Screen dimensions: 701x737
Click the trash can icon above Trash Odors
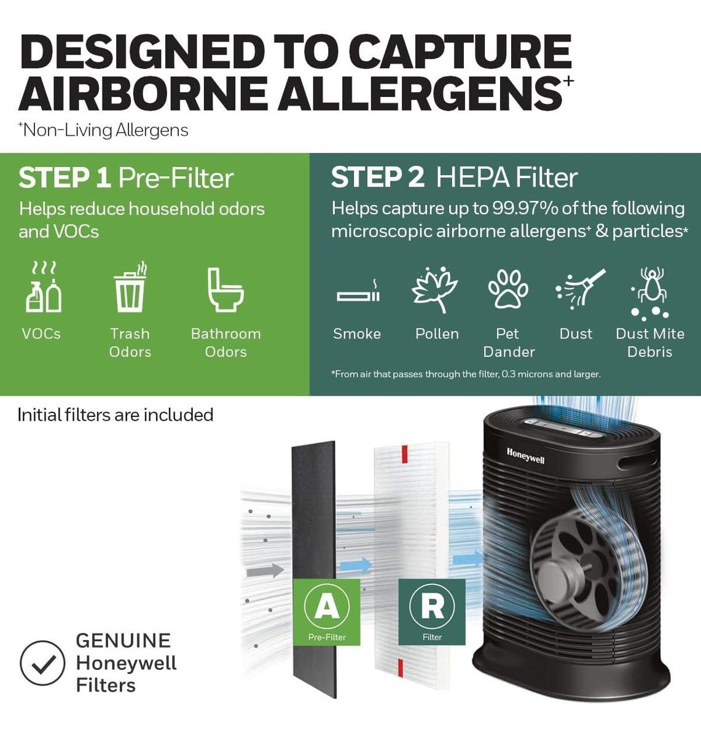click(x=130, y=287)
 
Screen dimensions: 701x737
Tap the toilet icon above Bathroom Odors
click(x=225, y=289)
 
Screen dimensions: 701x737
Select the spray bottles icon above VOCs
click(x=44, y=287)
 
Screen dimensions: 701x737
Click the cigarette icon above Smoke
click(x=358, y=293)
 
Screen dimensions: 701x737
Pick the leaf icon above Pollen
click(x=435, y=289)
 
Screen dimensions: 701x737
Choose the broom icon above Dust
click(x=580, y=288)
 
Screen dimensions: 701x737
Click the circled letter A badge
click(x=327, y=606)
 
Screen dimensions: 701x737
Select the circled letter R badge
click(x=432, y=606)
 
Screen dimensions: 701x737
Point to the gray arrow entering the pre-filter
click(x=265, y=571)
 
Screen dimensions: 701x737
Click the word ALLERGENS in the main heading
click(x=419, y=92)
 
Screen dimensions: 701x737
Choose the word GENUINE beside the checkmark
click(x=123, y=641)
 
